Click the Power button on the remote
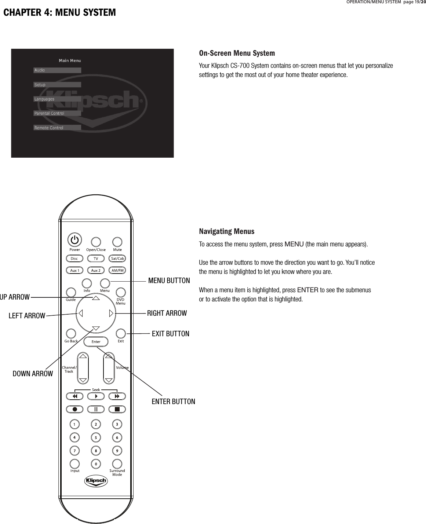(74, 241)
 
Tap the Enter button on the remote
(96, 342)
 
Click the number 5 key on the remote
(96, 437)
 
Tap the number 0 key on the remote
(96, 464)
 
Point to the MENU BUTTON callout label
(169, 281)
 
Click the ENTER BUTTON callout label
(173, 402)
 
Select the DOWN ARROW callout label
(33, 374)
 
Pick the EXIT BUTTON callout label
(170, 334)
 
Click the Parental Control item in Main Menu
(57, 113)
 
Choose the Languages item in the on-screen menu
(57, 99)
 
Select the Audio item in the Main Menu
(57, 70)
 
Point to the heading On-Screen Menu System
(237, 53)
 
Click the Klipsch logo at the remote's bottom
(96, 481)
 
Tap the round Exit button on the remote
(121, 333)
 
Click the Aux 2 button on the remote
(96, 271)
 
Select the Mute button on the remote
(117, 242)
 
